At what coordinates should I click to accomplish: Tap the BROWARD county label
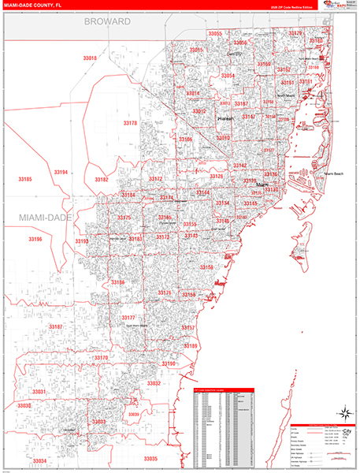click(x=107, y=22)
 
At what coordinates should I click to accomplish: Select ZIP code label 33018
click(x=90, y=58)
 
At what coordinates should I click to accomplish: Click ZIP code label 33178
click(x=130, y=123)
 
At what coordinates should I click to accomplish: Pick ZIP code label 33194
click(x=61, y=172)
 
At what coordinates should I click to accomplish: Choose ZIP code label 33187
click(x=55, y=326)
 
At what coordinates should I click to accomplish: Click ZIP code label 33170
click(x=100, y=357)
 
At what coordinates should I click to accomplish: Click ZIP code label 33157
click(x=187, y=326)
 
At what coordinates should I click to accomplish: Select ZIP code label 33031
click(x=39, y=392)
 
